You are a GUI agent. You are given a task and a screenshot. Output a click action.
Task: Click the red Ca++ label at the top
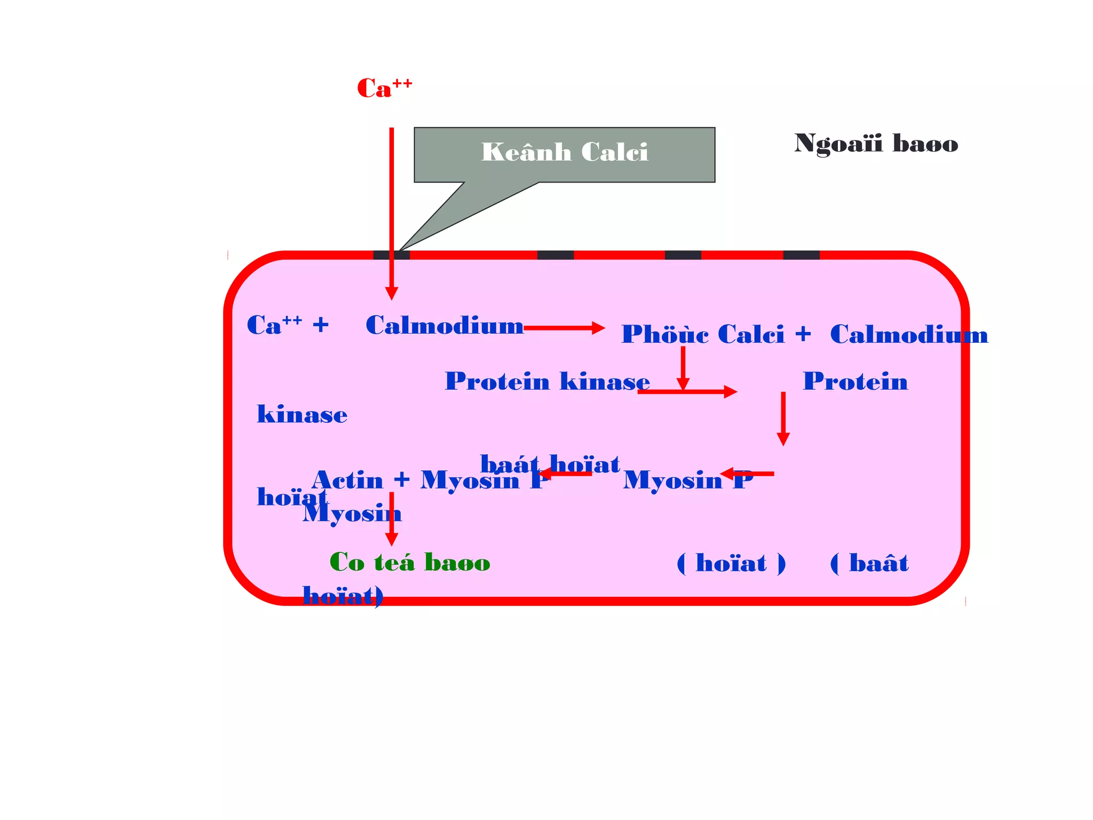pyautogui.click(x=383, y=89)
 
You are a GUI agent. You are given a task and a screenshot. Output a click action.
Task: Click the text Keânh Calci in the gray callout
pyautogui.click(x=564, y=152)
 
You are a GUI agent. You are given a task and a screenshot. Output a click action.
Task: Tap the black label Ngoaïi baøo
pyautogui.click(x=876, y=144)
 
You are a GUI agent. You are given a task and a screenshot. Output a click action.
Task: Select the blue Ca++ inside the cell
pyautogui.click(x=274, y=325)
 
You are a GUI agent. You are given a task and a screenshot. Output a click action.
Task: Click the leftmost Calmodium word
pyautogui.click(x=444, y=326)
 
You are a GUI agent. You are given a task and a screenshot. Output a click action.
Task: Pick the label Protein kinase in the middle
pyautogui.click(x=547, y=382)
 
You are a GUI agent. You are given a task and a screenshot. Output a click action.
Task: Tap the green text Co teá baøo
pyautogui.click(x=409, y=563)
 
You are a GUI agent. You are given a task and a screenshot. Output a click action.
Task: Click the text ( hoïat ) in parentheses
pyautogui.click(x=731, y=563)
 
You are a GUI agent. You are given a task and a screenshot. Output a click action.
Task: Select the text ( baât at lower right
pyautogui.click(x=869, y=563)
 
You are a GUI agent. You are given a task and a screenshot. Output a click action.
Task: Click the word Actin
pyautogui.click(x=347, y=480)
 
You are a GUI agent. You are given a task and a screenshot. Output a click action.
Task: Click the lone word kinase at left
pyautogui.click(x=302, y=415)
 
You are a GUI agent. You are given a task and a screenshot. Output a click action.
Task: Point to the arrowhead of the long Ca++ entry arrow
pyautogui.click(x=391, y=293)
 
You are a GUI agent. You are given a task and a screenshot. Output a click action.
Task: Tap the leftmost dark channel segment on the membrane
pyautogui.click(x=391, y=255)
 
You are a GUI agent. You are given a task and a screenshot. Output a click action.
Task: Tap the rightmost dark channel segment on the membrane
pyautogui.click(x=801, y=255)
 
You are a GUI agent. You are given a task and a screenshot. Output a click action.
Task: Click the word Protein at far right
pyautogui.click(x=855, y=382)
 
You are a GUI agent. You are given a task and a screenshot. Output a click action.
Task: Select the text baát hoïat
pyautogui.click(x=550, y=464)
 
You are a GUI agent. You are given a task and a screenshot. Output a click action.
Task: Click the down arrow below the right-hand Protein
pyautogui.click(x=783, y=419)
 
